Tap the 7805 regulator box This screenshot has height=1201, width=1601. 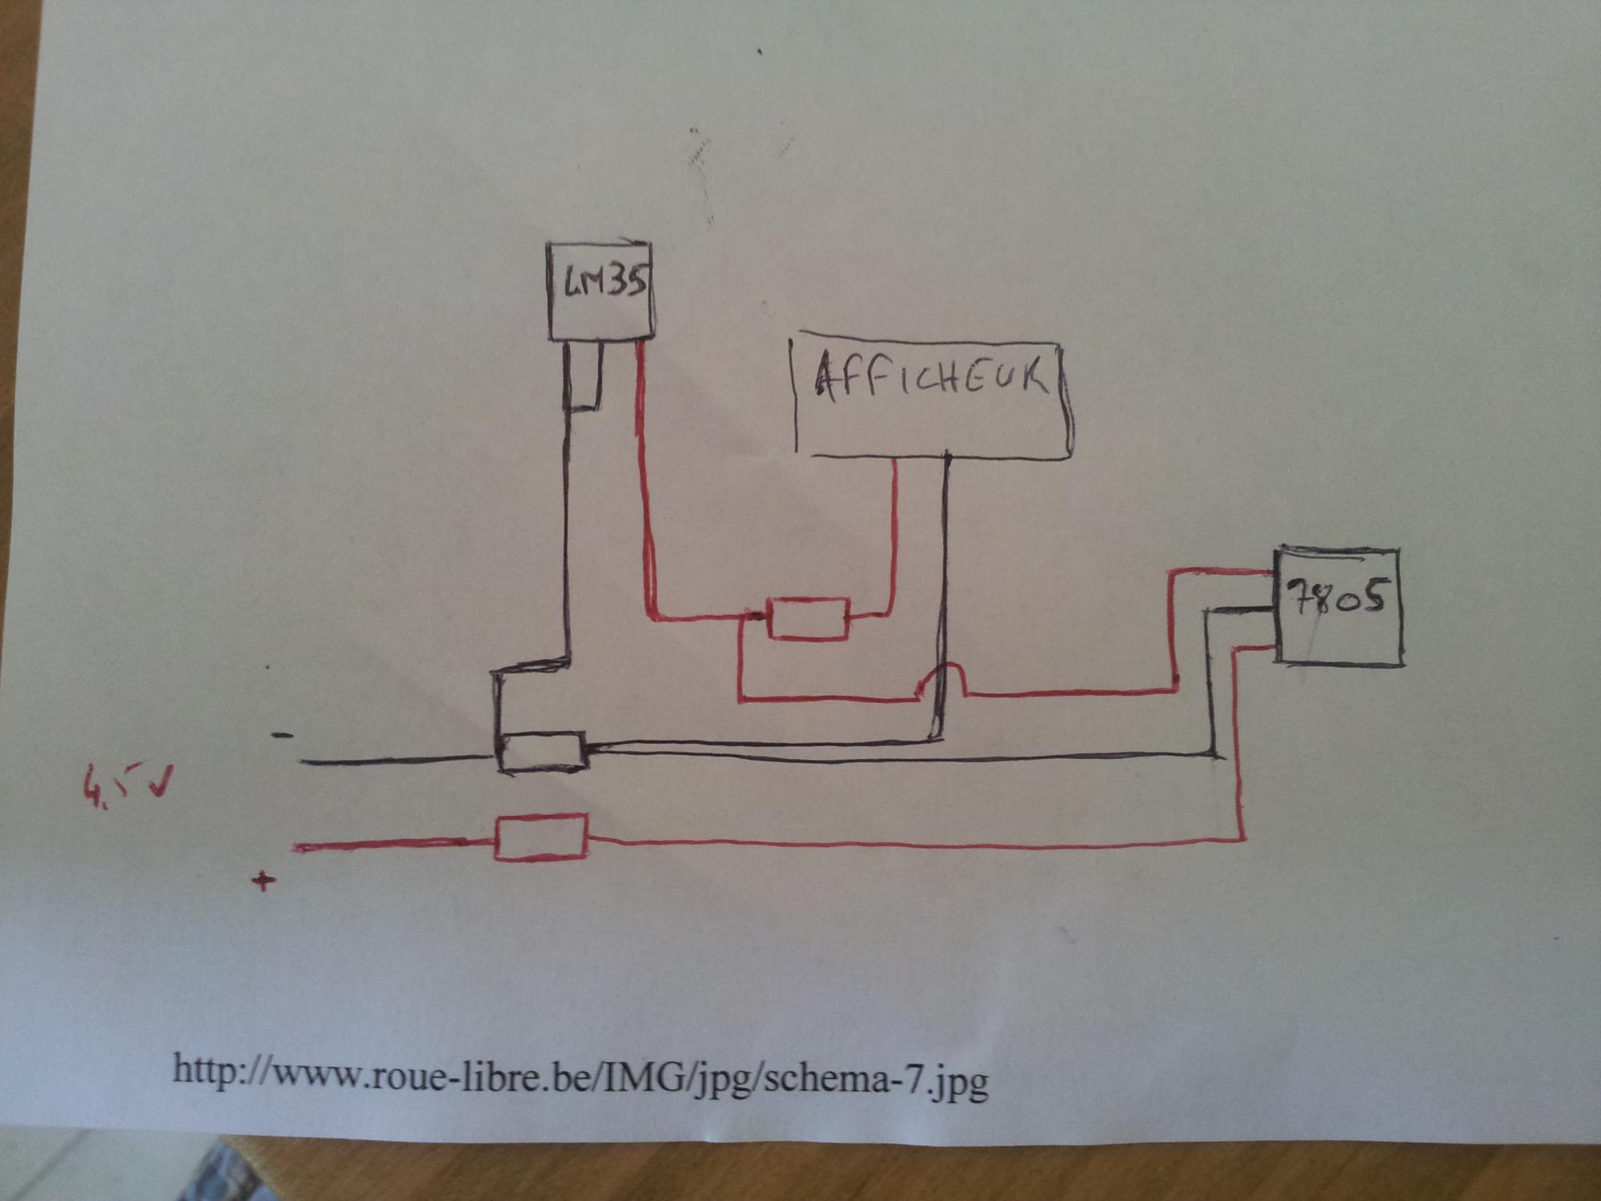(x=1338, y=606)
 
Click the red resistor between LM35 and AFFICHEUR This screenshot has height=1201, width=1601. (x=808, y=619)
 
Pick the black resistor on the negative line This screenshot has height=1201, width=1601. (x=543, y=752)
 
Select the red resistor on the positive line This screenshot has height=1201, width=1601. (x=542, y=837)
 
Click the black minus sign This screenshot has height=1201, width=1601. (x=282, y=735)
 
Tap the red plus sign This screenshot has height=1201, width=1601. (x=263, y=882)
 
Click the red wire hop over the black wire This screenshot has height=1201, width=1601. (x=945, y=675)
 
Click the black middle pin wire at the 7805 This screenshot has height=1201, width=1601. (x=1241, y=610)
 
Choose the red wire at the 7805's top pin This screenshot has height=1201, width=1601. (x=1225, y=572)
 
